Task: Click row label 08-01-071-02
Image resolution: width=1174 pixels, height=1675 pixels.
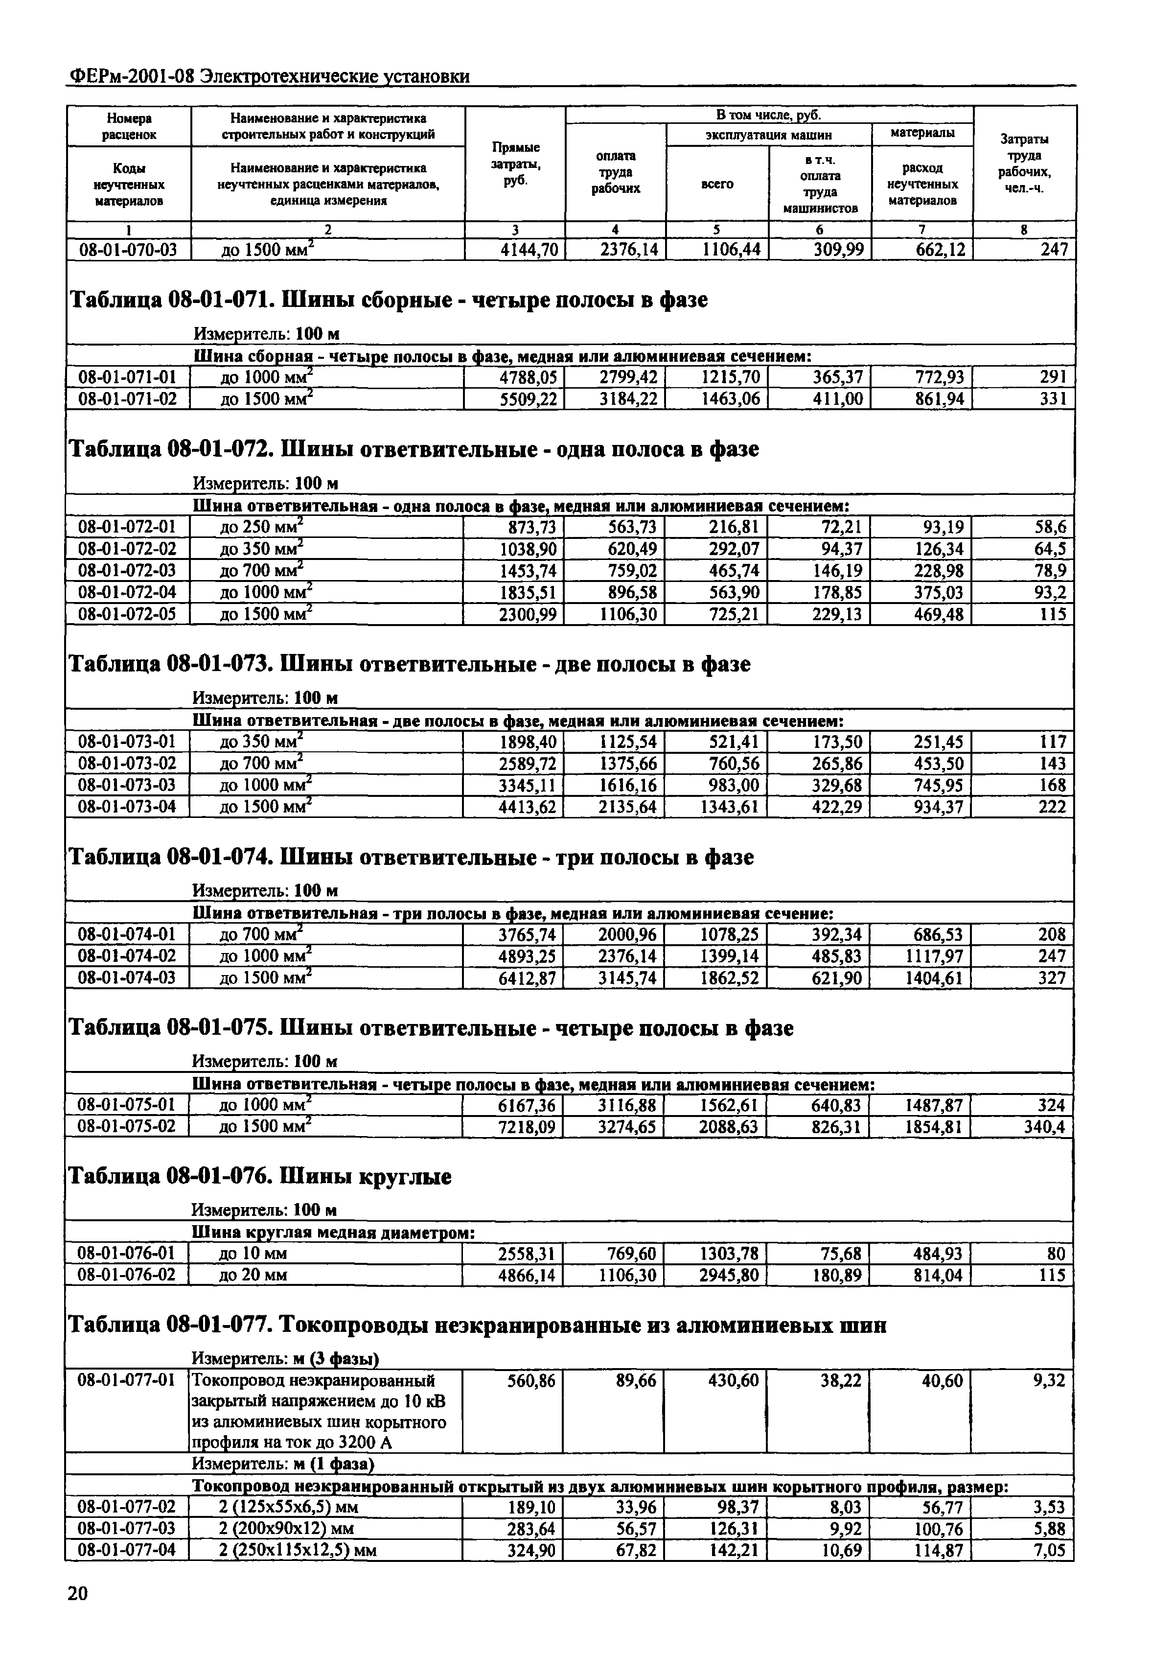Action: (x=128, y=398)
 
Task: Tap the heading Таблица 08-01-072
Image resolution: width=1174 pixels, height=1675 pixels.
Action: (x=169, y=449)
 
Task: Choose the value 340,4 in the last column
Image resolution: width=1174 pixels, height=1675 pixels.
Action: (x=1044, y=1127)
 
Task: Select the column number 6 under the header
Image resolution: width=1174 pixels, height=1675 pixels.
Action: (x=820, y=230)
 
